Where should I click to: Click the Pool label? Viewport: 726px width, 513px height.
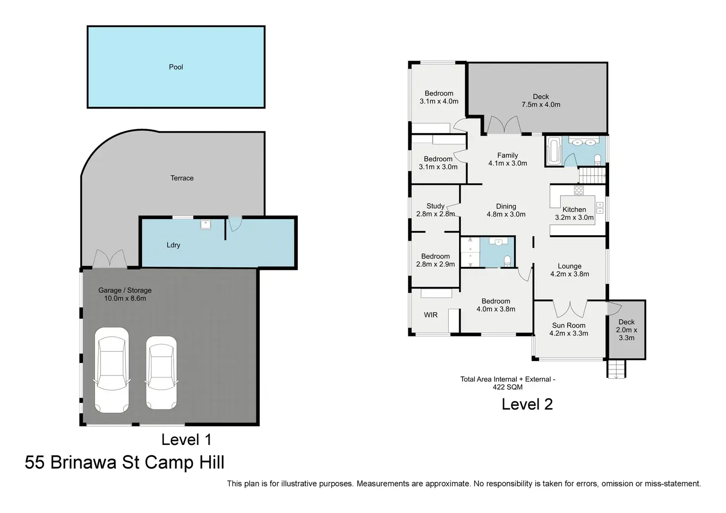176,67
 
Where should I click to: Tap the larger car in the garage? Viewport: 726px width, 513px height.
112,370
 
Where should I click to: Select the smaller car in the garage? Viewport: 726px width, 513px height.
161,373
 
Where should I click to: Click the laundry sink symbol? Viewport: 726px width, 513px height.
206,224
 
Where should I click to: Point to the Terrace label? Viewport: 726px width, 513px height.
182,178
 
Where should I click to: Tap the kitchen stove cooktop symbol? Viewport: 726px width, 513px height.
579,190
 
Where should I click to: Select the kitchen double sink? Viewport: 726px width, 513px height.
600,208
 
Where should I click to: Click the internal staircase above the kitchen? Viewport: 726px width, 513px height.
592,175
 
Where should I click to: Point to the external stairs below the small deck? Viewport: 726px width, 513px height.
616,368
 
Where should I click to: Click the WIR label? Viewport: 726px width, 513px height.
431,315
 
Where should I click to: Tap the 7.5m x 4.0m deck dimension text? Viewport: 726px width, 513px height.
541,105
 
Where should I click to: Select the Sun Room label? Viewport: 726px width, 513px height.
569,326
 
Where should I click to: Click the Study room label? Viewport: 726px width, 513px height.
436,206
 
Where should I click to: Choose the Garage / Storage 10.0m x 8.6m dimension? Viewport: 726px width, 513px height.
125,298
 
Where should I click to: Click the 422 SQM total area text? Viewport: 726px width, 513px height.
508,387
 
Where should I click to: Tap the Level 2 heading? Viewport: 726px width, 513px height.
527,404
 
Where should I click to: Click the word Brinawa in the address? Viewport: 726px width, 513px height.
83,462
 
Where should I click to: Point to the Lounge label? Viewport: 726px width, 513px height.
570,266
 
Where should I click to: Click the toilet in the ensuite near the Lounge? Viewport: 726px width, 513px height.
507,260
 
